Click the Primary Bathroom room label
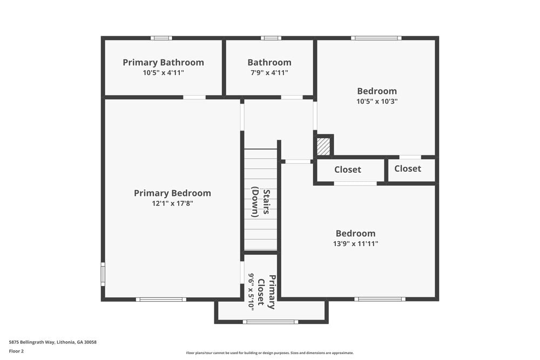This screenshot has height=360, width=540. (x=163, y=63)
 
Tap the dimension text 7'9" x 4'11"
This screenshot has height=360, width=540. (x=269, y=73)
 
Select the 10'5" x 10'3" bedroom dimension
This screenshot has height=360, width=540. (x=377, y=101)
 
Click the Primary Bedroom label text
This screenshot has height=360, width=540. (x=172, y=193)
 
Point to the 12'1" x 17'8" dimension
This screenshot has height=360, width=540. (x=172, y=203)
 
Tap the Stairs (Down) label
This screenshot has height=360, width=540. (x=261, y=203)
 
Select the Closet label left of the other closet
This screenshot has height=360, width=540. (x=347, y=169)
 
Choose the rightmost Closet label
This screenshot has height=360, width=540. (x=407, y=168)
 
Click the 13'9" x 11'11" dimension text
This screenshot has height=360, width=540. (x=355, y=243)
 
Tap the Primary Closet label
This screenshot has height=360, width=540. (x=266, y=292)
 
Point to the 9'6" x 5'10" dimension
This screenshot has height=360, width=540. (x=251, y=291)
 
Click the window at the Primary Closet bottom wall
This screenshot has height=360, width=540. (x=270, y=322)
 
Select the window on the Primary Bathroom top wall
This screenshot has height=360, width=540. (x=161, y=38)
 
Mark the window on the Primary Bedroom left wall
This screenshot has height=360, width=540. (x=103, y=274)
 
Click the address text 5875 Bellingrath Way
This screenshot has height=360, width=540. (x=52, y=342)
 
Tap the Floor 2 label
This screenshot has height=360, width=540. (x=16, y=351)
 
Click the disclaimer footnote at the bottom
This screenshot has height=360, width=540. (x=270, y=353)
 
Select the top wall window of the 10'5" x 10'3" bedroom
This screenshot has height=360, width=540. (x=376, y=38)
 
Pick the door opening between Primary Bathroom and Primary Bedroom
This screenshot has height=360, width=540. (x=194, y=97)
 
